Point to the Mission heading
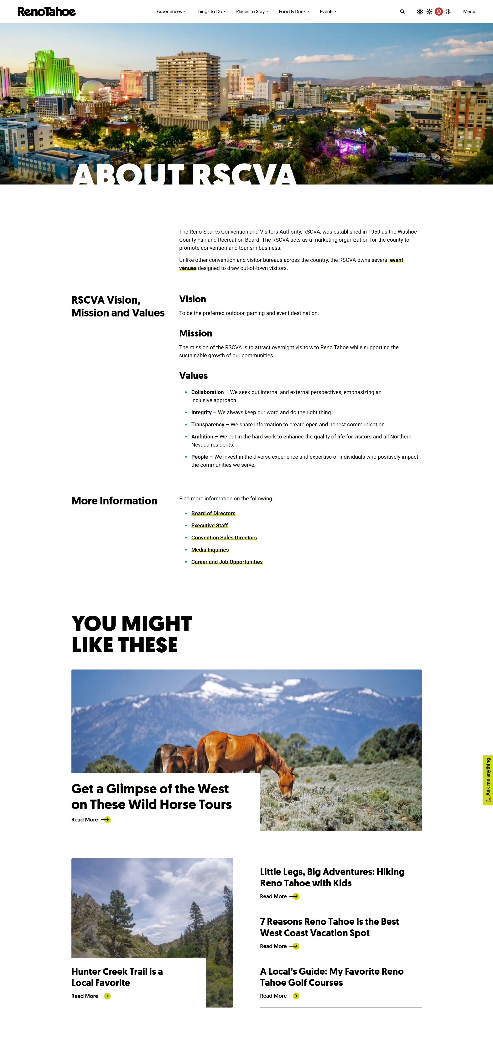tap(195, 333)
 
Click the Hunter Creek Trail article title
tap(117, 977)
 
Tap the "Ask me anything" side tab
tap(488, 780)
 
